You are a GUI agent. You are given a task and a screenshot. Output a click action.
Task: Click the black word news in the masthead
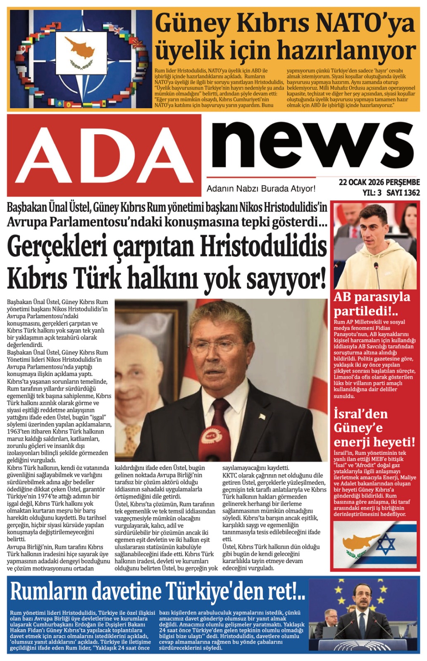[312, 145]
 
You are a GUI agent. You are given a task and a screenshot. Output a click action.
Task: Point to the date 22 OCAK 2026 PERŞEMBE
[379, 182]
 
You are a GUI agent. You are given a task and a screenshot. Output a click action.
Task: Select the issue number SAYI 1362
[403, 193]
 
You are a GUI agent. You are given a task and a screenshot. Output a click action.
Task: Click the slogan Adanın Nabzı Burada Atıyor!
[261, 189]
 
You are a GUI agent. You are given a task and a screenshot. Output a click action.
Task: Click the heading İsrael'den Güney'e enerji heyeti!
[374, 428]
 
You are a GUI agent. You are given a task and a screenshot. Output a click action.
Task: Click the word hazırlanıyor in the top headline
[346, 51]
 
